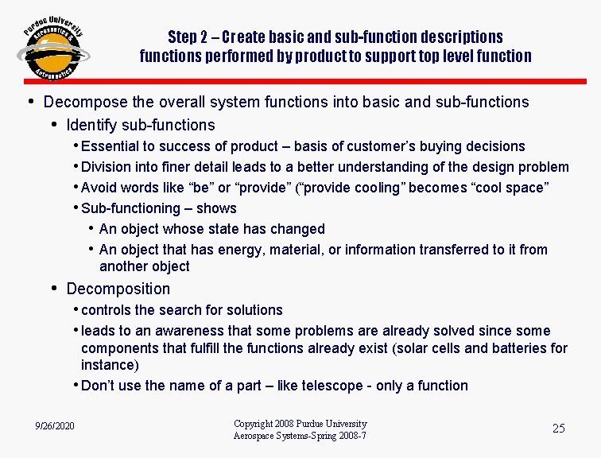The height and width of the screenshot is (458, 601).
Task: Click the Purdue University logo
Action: coord(52,48)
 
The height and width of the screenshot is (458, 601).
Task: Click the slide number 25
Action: coord(558,429)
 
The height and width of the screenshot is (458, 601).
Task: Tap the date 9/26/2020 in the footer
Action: coord(55,427)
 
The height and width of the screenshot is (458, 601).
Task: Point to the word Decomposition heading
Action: coord(118,289)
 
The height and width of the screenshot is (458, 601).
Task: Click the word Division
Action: coord(107,167)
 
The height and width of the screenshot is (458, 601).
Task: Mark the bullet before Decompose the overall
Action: coord(30,101)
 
